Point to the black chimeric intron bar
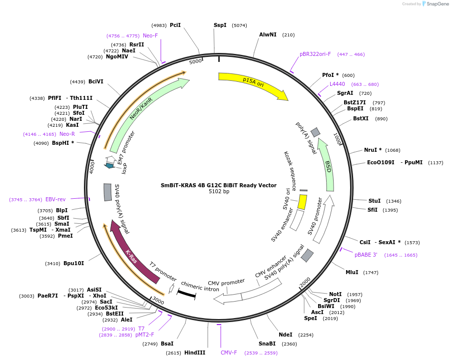(x=186, y=294)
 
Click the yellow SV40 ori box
(x=302, y=202)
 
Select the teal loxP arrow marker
(x=110, y=165)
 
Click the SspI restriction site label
(x=220, y=25)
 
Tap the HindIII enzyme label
(x=195, y=353)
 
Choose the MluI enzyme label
(x=352, y=272)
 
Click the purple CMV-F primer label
(x=229, y=353)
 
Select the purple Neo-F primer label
(x=150, y=35)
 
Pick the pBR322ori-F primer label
(x=315, y=54)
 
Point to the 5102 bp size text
(x=219, y=192)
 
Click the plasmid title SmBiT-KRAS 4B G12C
(x=218, y=185)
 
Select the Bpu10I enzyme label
(x=73, y=263)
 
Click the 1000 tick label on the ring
(x=339, y=139)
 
